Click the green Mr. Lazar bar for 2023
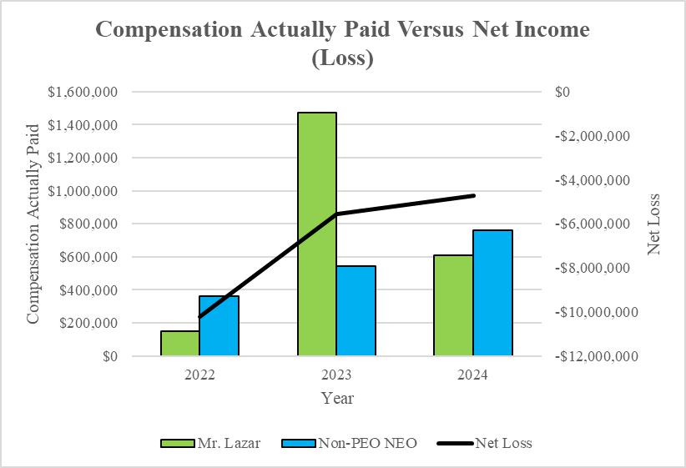317,234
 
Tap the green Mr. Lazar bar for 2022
179,343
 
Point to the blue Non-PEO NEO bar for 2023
356,310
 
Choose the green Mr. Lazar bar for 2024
453,305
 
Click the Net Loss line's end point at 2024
473,195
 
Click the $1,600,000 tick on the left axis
83,92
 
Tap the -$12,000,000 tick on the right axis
597,356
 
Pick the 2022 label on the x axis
200,375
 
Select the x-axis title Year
337,398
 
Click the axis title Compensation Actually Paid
33,224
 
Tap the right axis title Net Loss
653,224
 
